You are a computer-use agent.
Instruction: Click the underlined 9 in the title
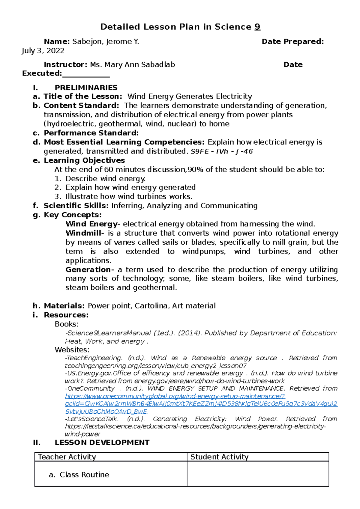(257, 27)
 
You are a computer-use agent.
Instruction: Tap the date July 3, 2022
(43, 51)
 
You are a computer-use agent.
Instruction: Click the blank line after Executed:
(86, 74)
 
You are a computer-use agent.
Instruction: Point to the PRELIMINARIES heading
(86, 88)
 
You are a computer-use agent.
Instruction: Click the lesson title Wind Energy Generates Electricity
(190, 97)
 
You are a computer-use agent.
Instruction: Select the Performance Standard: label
(91, 133)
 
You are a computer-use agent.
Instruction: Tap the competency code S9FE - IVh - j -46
(222, 151)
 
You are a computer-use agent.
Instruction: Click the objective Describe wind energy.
(105, 179)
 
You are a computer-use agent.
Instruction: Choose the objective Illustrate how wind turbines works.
(129, 197)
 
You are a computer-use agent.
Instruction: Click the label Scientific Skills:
(76, 206)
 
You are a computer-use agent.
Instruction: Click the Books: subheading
(67, 324)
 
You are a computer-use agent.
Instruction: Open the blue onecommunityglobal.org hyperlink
(175, 396)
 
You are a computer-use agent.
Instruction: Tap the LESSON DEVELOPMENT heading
(102, 443)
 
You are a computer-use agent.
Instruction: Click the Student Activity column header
(219, 457)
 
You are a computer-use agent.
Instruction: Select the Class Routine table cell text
(84, 475)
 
